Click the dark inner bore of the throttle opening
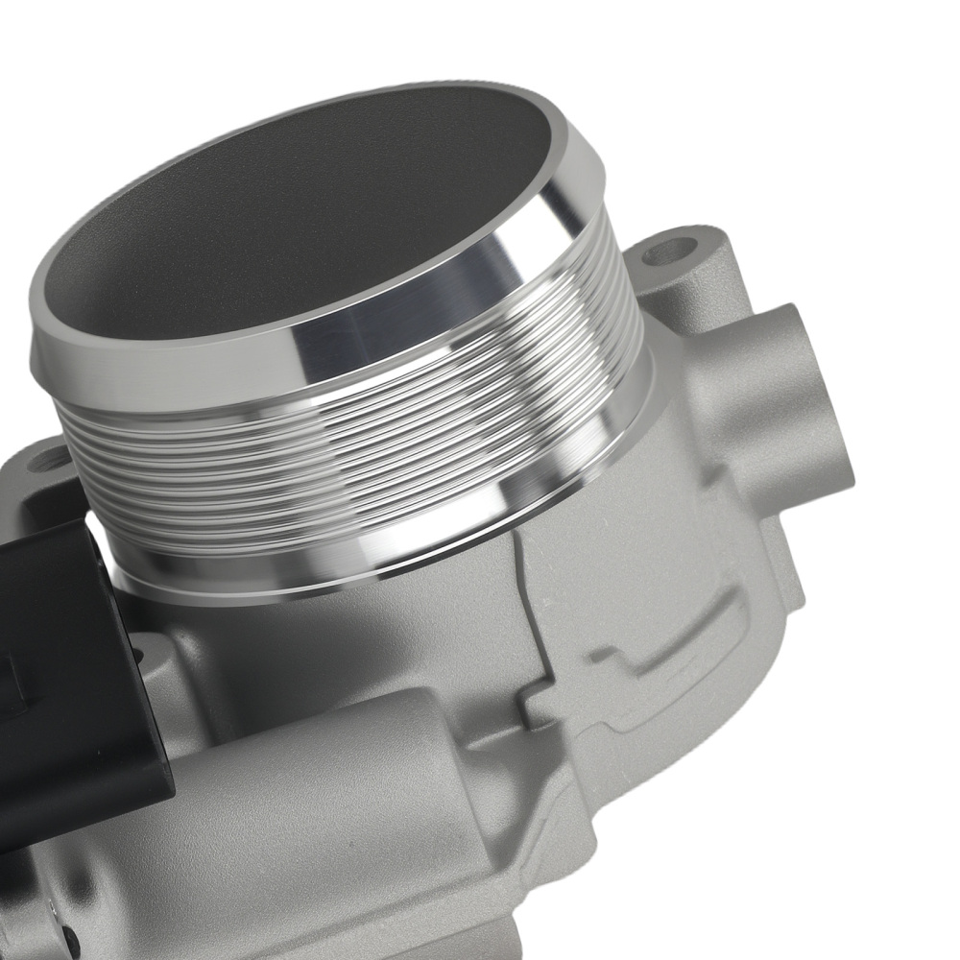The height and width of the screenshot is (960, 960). click(x=288, y=221)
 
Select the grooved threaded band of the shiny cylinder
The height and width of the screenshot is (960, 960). click(x=384, y=451)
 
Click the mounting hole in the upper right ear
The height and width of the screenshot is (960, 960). click(x=669, y=252)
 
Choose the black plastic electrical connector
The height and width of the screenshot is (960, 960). click(x=58, y=672)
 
